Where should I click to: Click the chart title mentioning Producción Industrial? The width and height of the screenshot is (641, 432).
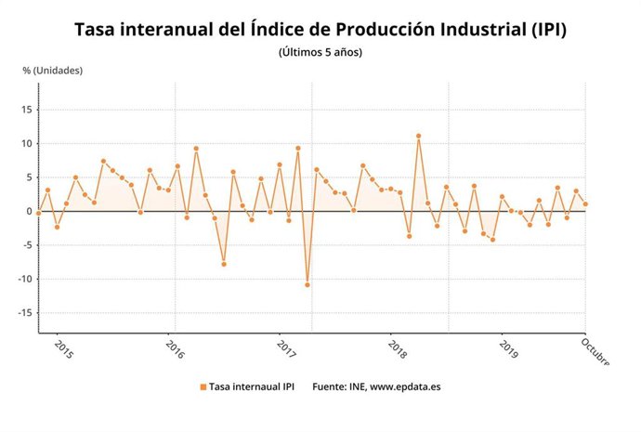click(320, 31)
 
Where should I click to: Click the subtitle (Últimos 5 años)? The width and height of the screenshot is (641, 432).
click(320, 52)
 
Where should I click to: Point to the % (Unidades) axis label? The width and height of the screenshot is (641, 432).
click(52, 71)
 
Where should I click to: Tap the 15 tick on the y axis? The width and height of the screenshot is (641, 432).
click(28, 110)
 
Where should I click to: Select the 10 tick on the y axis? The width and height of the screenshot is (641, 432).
click(28, 144)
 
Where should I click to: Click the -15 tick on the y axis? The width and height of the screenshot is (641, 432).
click(26, 313)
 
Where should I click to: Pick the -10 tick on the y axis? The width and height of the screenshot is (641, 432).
click(26, 279)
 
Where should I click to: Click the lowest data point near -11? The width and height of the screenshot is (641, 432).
click(307, 284)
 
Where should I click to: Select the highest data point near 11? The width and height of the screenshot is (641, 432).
click(419, 137)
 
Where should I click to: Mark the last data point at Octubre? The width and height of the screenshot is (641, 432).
click(585, 204)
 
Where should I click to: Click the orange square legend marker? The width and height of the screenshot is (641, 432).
click(203, 386)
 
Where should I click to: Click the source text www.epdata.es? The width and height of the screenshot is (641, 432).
click(405, 386)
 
